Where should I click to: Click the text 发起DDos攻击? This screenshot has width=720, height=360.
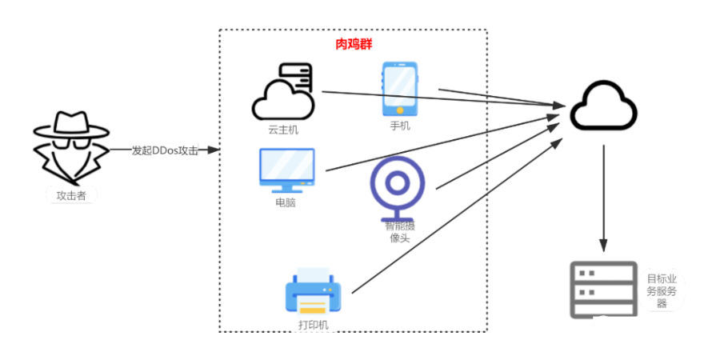[164, 150]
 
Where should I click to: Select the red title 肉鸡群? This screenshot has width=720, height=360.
[353, 44]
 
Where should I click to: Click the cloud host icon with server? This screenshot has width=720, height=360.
[282, 94]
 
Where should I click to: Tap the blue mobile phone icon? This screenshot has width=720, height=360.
[399, 86]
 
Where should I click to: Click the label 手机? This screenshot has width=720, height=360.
[399, 126]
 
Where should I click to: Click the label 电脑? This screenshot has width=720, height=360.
[286, 202]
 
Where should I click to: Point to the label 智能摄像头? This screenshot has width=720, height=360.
[399, 232]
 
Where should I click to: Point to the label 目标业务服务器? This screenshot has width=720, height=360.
[662, 290]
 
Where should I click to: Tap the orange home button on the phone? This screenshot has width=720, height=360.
[399, 106]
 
